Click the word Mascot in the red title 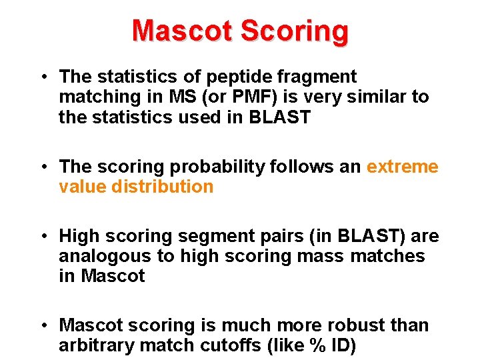point(182,31)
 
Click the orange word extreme point(403,167)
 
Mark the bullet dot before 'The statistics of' point(42,78)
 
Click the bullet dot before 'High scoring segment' point(42,237)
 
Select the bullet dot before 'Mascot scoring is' point(42,326)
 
